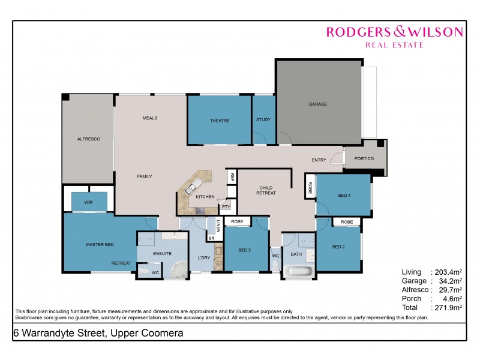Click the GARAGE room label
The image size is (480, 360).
point(318,104)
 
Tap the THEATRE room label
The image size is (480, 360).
point(220,121)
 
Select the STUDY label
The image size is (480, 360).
point(263,120)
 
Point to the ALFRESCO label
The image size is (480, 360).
point(88,139)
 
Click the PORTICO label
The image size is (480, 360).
point(364,158)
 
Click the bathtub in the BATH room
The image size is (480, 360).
point(298,271)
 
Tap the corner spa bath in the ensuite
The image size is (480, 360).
point(179,269)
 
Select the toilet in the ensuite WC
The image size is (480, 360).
point(145,272)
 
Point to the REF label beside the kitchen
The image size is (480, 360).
point(232,178)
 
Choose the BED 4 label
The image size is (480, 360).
point(344,195)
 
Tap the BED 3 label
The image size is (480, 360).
point(244,250)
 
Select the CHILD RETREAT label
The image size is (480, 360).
point(266,190)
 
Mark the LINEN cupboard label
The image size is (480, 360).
point(218,225)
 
